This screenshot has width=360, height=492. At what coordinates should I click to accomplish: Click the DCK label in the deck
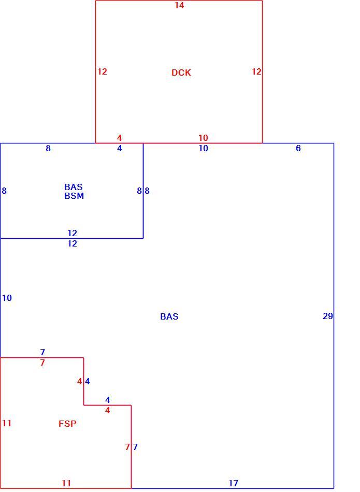181,73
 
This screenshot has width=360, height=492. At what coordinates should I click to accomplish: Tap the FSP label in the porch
67,424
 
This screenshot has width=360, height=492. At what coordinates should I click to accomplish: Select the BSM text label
74,196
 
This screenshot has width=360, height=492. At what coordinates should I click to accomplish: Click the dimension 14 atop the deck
179,5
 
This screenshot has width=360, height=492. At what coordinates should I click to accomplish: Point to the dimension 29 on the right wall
328,316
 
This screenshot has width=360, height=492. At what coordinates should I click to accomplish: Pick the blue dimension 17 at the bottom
233,483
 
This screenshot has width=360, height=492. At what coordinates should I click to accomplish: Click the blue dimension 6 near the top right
298,148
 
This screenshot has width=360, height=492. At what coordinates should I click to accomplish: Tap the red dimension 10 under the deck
203,138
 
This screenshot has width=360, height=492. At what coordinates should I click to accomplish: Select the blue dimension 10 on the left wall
7,298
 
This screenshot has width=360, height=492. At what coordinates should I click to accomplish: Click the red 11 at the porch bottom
66,483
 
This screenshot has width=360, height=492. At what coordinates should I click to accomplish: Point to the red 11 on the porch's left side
7,423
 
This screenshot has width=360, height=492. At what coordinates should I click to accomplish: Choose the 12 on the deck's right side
256,71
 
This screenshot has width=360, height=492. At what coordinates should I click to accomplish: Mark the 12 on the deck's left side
102,71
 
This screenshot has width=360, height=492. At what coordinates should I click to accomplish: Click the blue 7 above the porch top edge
42,352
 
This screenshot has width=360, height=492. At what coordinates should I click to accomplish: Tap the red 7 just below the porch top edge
42,363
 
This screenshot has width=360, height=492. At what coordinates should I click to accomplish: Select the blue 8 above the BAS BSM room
48,148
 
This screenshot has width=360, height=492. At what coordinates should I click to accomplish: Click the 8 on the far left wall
4,191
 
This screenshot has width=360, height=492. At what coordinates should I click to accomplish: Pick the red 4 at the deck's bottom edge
119,138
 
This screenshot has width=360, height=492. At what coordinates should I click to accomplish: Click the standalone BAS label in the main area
169,316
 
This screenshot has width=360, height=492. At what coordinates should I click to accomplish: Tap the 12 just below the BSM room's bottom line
72,243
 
